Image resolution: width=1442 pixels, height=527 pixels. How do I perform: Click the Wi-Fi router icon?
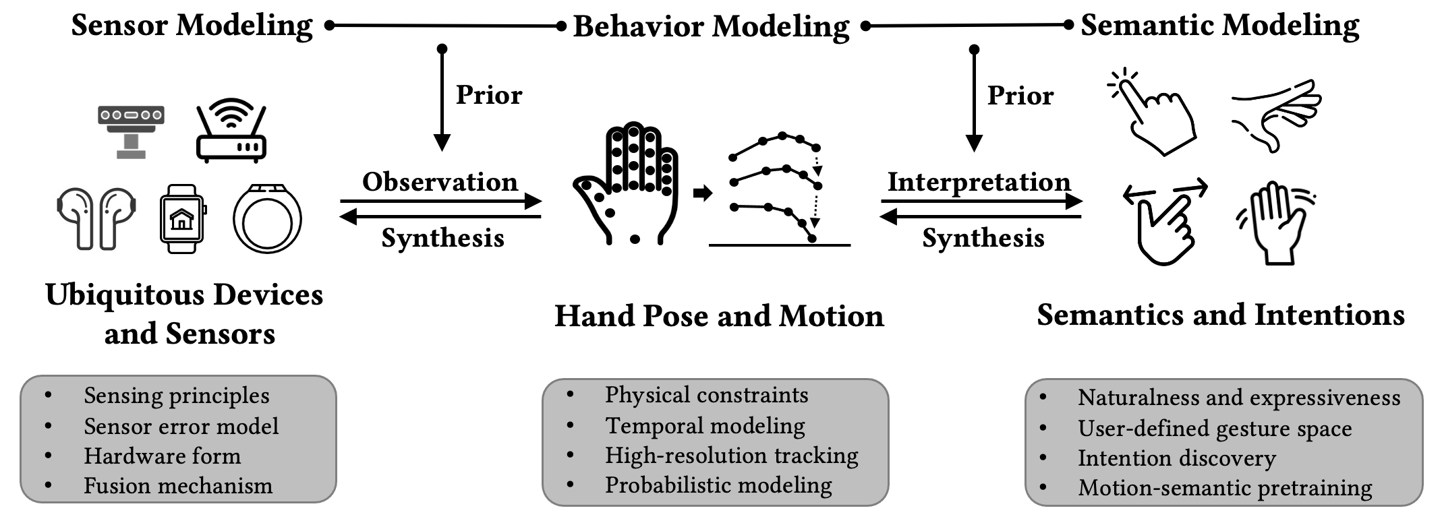pyautogui.click(x=231, y=132)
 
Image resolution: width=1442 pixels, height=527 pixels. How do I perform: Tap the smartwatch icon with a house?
pyautogui.click(x=182, y=218)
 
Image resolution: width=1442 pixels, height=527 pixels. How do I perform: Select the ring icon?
pyautogui.click(x=267, y=219)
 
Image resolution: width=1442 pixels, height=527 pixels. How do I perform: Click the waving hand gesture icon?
pyautogui.click(x=1275, y=222)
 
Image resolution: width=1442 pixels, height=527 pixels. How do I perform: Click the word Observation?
pyautogui.click(x=440, y=182)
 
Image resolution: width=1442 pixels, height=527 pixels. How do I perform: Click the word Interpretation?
pyautogui.click(x=979, y=182)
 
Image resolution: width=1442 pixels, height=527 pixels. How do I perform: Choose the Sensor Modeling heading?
pyautogui.click(x=192, y=26)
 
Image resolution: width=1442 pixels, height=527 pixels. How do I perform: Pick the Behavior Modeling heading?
pyautogui.click(x=711, y=27)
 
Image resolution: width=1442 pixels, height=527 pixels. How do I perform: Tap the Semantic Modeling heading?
pyautogui.click(x=1219, y=26)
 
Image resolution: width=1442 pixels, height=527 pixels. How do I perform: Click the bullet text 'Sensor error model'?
pyautogui.click(x=181, y=427)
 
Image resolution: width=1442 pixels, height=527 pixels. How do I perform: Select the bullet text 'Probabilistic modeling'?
pyautogui.click(x=718, y=485)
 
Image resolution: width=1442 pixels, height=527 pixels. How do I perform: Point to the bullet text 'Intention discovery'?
pyautogui.click(x=1176, y=458)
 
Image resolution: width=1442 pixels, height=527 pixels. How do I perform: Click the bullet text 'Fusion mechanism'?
pyautogui.click(x=178, y=486)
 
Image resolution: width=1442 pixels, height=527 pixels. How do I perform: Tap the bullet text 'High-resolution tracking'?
pyautogui.click(x=731, y=456)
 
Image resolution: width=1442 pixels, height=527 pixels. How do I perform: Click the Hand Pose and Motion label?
pyautogui.click(x=719, y=316)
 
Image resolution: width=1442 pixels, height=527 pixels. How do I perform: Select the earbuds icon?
pyautogui.click(x=96, y=218)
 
